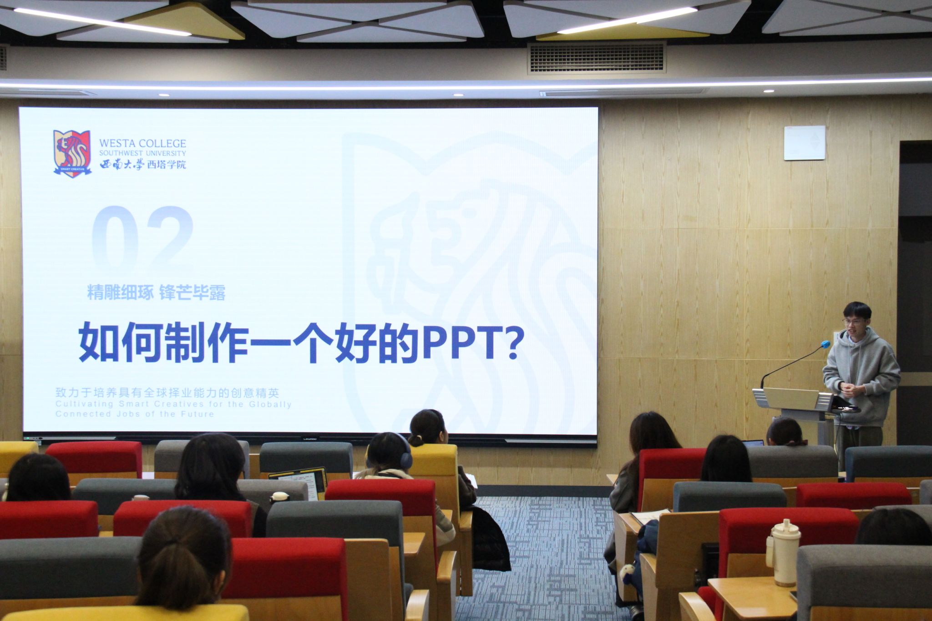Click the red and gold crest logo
click(x=72, y=153)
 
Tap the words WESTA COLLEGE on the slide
click(x=142, y=143)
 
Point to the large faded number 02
click(x=142, y=240)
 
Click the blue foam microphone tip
click(x=825, y=345)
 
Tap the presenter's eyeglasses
click(x=852, y=322)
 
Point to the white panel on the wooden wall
click(x=804, y=143)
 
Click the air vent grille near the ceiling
click(x=597, y=58)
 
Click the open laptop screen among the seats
click(x=298, y=481)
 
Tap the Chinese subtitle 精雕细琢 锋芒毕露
click(x=156, y=293)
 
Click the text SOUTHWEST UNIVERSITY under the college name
click(x=142, y=154)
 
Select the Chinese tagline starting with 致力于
click(x=167, y=393)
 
